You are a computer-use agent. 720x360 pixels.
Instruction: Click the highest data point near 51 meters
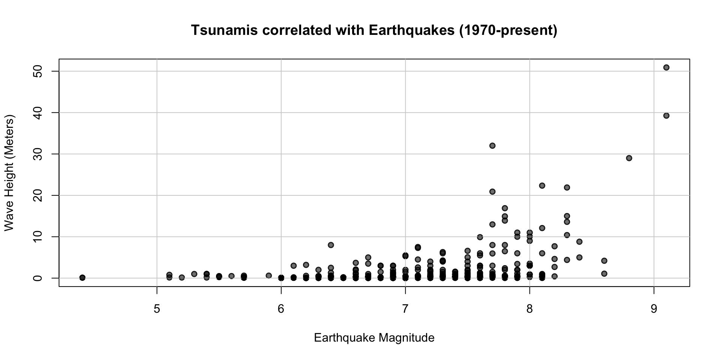tap(666, 67)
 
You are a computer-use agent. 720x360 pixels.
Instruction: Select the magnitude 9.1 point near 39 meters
tap(666, 115)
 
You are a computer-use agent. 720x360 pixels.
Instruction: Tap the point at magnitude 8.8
tap(629, 158)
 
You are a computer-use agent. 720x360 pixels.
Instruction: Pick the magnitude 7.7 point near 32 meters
tap(492, 145)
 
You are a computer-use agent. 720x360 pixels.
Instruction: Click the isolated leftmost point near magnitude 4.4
tap(82, 277)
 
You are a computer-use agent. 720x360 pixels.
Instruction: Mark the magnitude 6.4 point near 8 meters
tap(331, 245)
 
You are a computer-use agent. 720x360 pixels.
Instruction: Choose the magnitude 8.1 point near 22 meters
tap(542, 186)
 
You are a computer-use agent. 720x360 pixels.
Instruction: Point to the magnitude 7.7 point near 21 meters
tap(492, 192)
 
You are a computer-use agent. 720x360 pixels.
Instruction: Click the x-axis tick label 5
tap(157, 309)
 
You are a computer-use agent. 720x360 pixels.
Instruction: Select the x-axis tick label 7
tap(405, 309)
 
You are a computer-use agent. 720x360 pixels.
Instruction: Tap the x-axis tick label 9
tap(654, 309)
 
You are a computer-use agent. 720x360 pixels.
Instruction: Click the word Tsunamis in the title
tap(224, 30)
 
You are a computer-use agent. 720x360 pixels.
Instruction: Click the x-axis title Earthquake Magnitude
tap(374, 338)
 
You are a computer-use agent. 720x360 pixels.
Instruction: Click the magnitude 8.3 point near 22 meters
tap(567, 187)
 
